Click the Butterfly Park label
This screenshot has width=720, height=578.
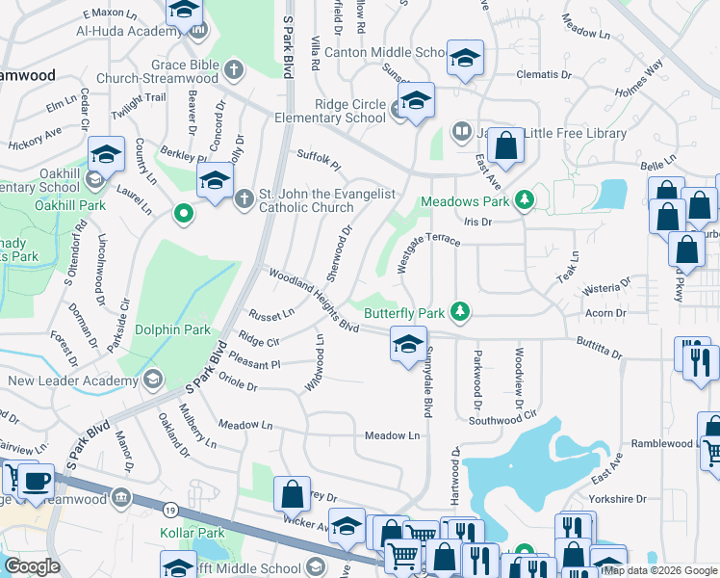[404, 312]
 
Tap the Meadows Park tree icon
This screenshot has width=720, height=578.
[524, 201]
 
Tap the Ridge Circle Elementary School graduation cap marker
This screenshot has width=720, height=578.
[416, 101]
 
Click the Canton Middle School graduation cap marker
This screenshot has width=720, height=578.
[465, 58]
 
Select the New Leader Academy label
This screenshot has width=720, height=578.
[72, 381]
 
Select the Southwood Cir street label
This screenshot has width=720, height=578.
[501, 421]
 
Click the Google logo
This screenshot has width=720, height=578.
[33, 566]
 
